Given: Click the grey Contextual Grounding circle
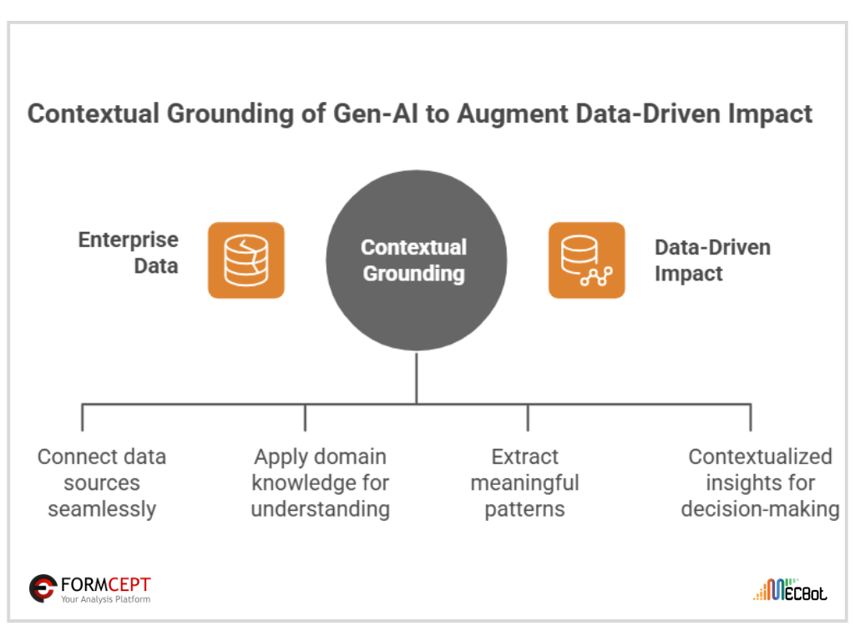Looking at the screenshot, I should click(x=416, y=260).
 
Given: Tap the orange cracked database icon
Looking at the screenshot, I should click(x=246, y=260).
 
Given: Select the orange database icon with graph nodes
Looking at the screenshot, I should click(x=586, y=260).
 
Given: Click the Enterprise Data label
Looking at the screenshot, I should click(x=129, y=252).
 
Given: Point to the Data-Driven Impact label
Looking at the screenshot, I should click(x=700, y=260).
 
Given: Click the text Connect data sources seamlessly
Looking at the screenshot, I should click(x=102, y=482).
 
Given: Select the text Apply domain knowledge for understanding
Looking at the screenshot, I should click(x=321, y=482).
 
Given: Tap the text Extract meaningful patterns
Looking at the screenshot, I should click(x=524, y=482).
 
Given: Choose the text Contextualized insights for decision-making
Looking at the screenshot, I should click(x=760, y=482).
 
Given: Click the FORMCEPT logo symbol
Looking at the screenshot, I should click(x=43, y=588).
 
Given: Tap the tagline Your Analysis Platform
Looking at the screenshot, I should click(x=105, y=599).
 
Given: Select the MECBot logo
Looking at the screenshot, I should click(x=790, y=590).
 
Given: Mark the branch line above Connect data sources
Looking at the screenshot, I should click(x=83, y=417).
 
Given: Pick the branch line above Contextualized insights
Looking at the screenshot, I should click(x=750, y=417).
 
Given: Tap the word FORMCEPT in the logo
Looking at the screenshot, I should click(x=105, y=584).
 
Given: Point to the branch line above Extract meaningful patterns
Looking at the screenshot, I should click(x=528, y=417).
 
